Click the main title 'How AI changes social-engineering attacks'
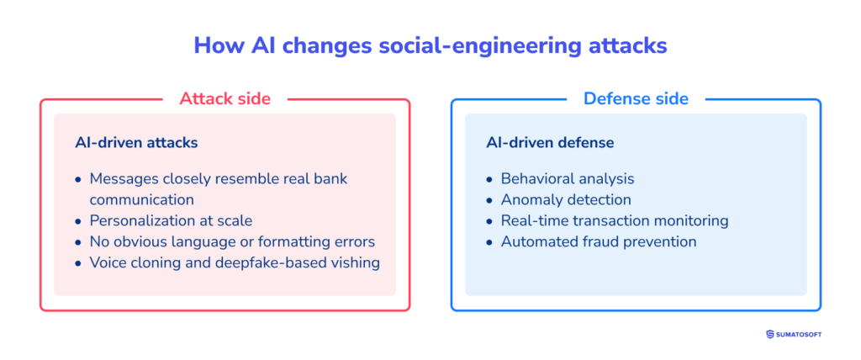tap(430, 45)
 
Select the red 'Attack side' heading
tap(224, 98)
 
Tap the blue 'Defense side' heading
tap(636, 98)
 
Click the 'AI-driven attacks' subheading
tap(136, 143)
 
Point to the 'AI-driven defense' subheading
tap(550, 143)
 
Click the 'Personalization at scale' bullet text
tap(171, 220)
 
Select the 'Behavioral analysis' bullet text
tap(567, 179)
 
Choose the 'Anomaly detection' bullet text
tap(566, 200)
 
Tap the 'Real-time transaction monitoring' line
tap(614, 221)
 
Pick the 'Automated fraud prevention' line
tap(598, 242)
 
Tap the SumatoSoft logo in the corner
tap(794, 334)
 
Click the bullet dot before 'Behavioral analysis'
tap(491, 180)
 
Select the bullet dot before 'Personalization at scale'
tap(79, 221)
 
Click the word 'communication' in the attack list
tap(141, 200)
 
